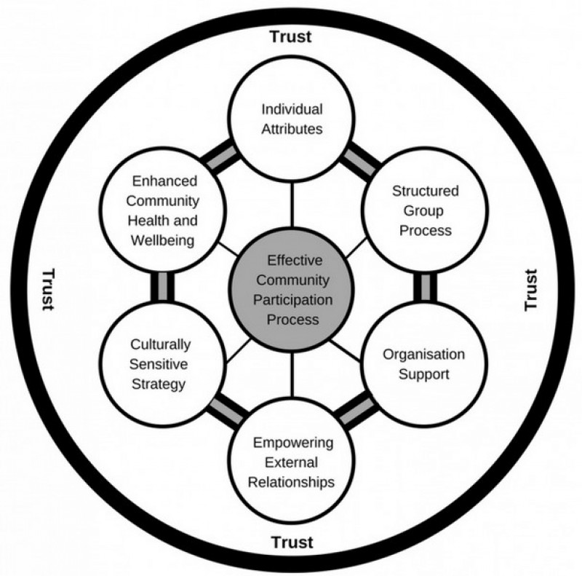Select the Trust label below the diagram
(x=292, y=542)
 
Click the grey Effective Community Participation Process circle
(x=292, y=290)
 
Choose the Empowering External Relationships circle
(x=292, y=462)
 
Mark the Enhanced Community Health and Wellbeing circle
(x=158, y=211)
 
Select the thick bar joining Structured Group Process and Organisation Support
(x=423, y=287)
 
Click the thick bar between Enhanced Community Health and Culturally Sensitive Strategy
(x=161, y=287)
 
